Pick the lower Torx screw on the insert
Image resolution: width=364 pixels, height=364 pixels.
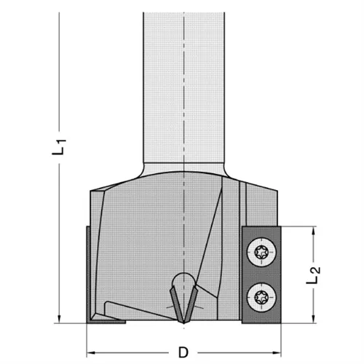click(263, 296)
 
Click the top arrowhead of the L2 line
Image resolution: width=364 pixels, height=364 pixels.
click(314, 231)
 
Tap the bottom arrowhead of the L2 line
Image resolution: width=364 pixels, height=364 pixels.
click(314, 317)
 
